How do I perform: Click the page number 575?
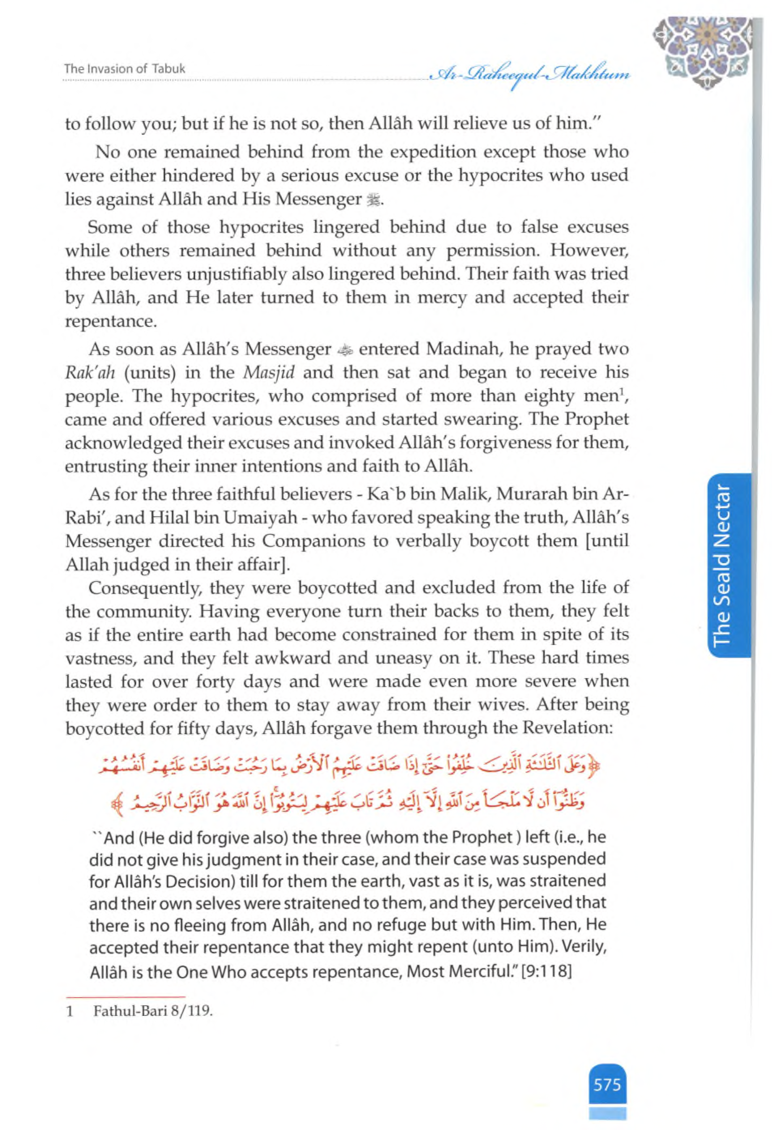tap(607, 1084)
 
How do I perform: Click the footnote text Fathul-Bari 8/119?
tap(153, 1011)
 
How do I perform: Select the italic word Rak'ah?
tap(90, 373)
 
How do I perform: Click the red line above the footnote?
tap(126, 997)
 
